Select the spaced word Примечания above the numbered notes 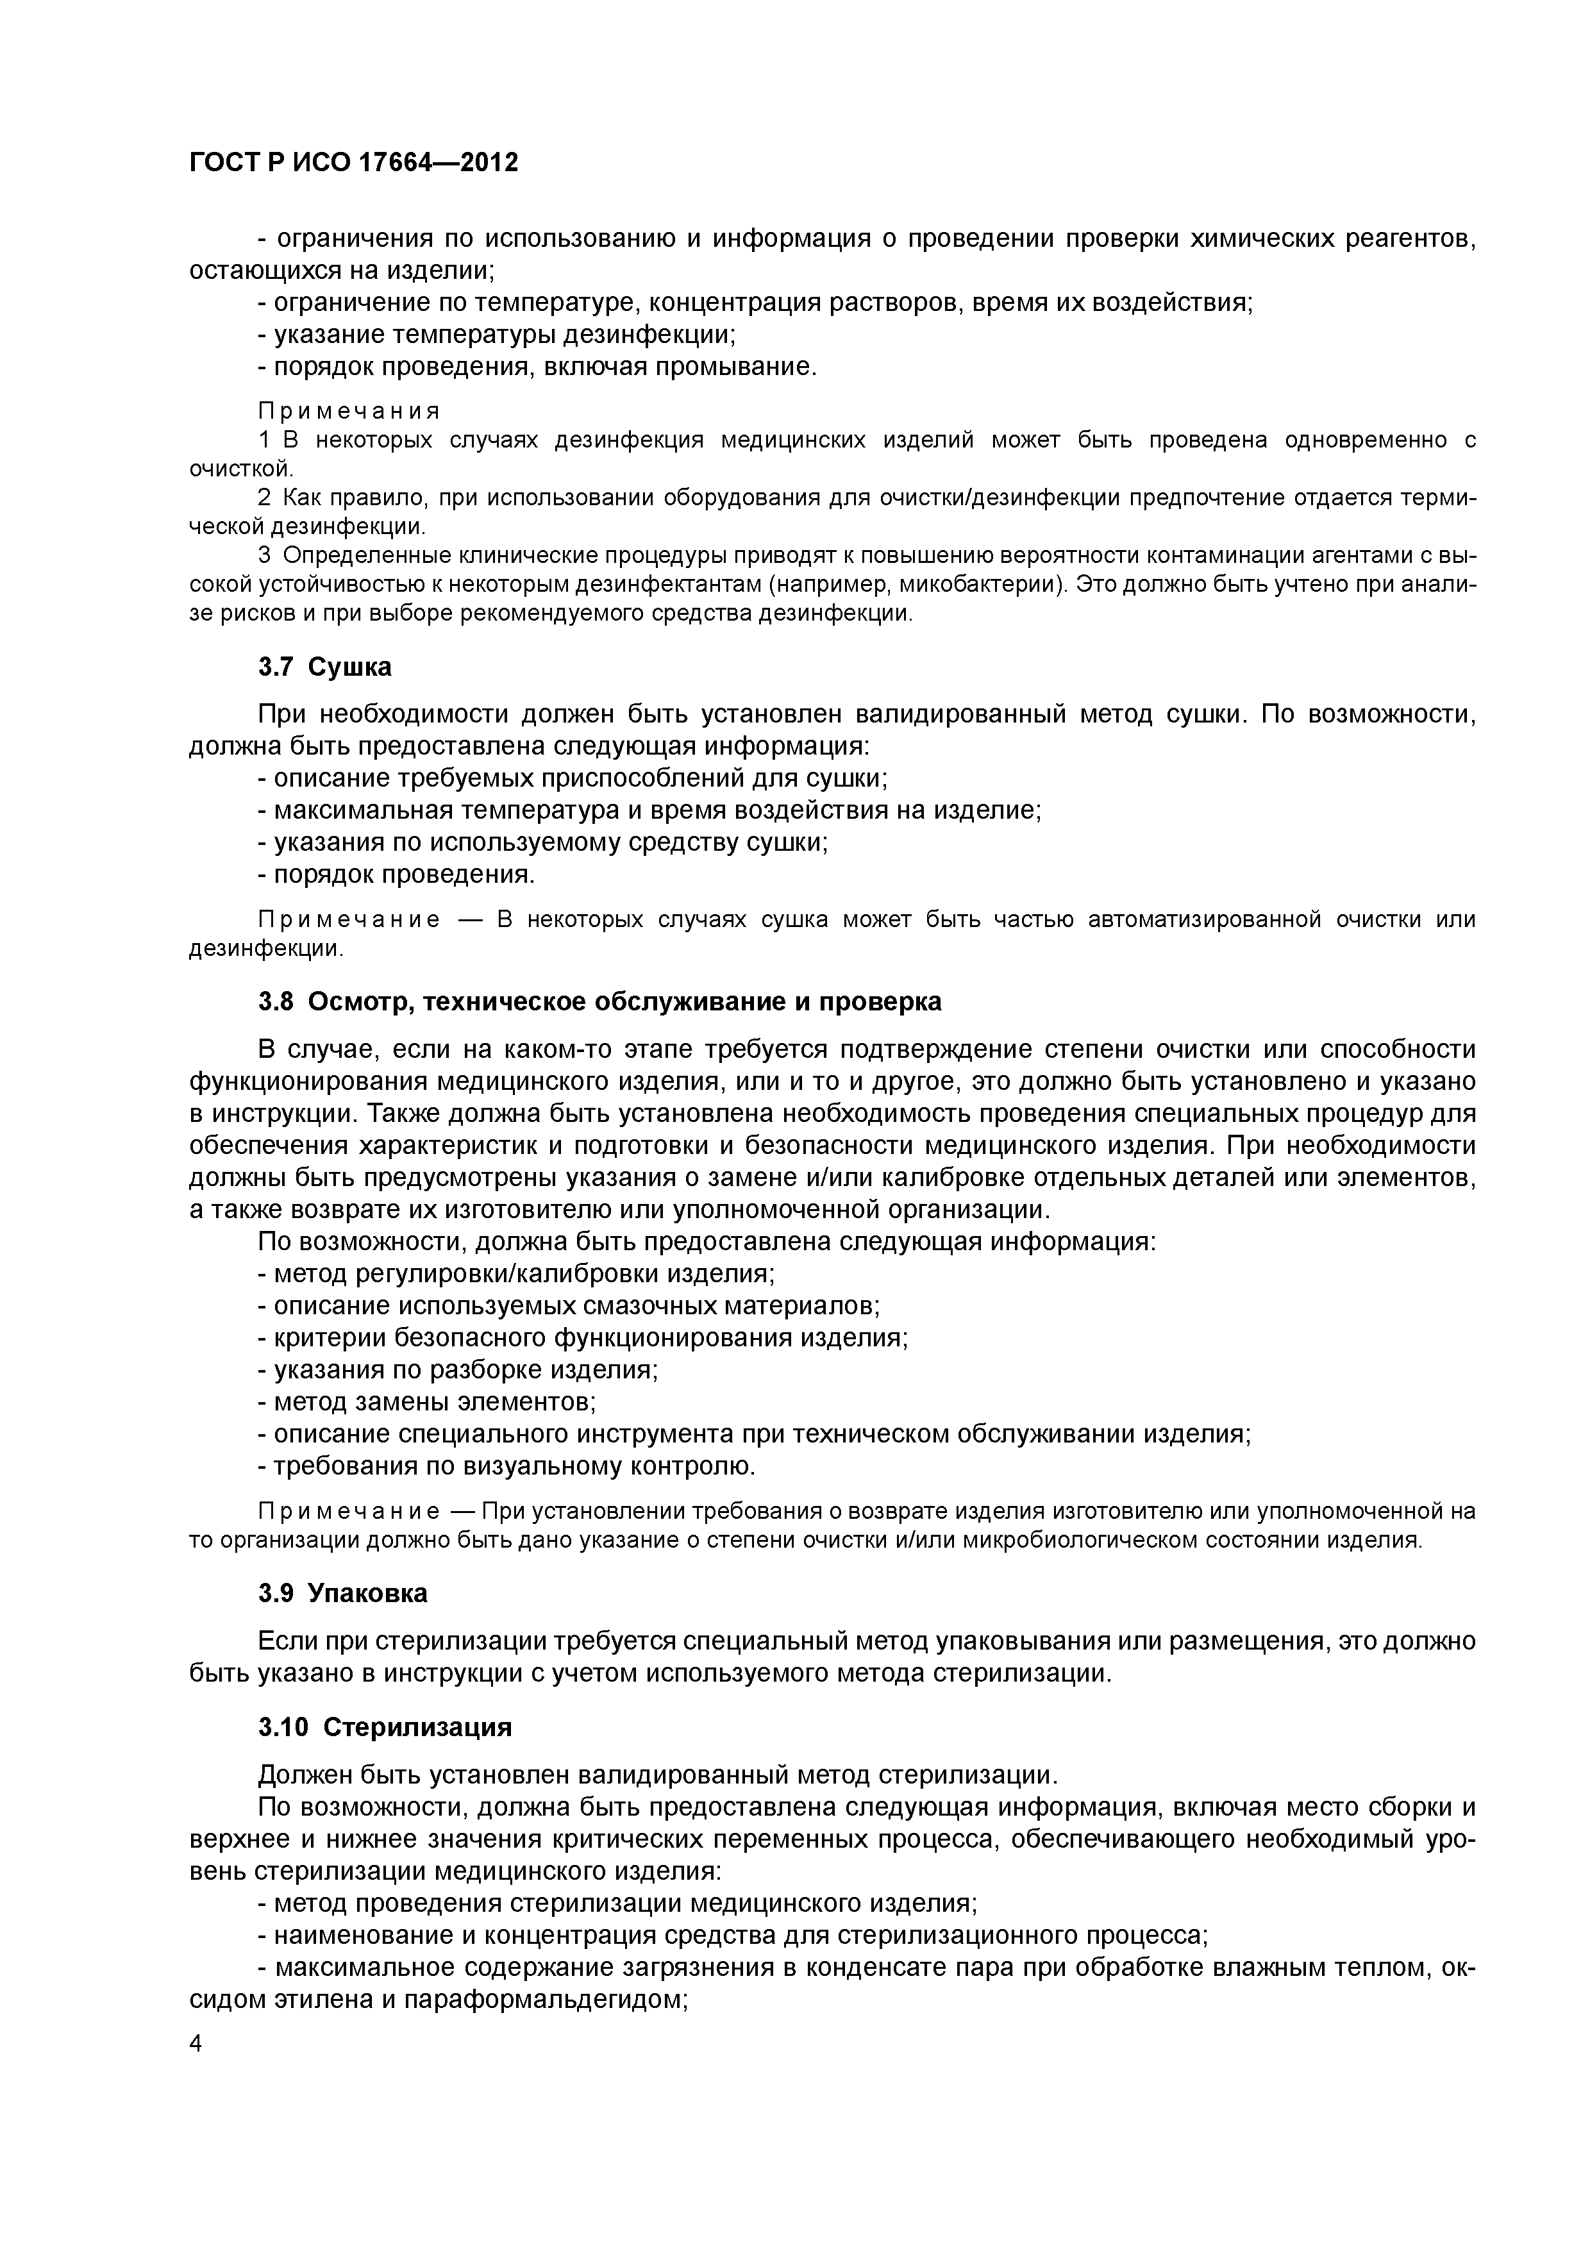click(x=349, y=410)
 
